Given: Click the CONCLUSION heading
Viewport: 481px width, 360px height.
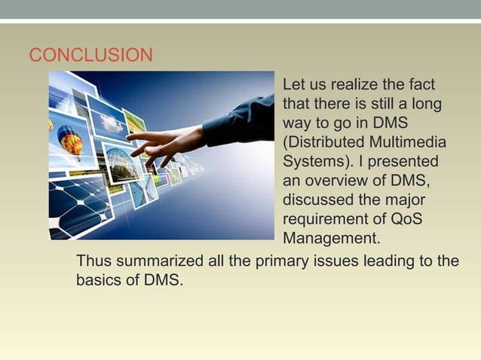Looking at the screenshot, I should (x=90, y=56).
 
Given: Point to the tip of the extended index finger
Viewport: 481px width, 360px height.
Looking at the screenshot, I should (x=129, y=136).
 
